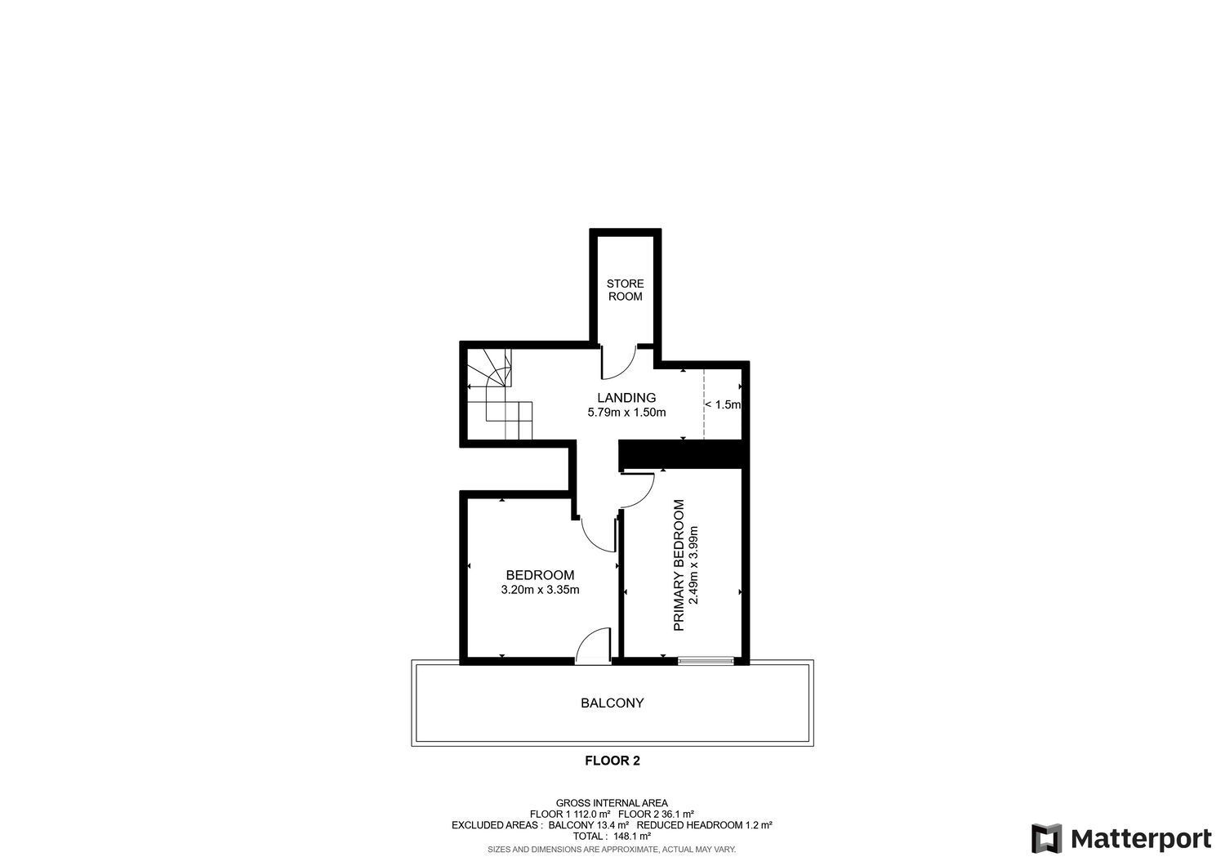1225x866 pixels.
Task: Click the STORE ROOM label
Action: click(x=625, y=290)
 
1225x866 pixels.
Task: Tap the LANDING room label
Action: click(x=626, y=398)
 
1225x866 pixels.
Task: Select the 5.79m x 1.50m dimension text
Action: click(x=626, y=413)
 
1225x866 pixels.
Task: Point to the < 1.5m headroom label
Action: click(x=722, y=404)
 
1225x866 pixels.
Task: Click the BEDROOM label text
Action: click(x=539, y=575)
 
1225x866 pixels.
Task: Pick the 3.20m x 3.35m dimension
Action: click(x=540, y=590)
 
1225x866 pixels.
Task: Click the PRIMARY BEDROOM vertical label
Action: click(x=678, y=565)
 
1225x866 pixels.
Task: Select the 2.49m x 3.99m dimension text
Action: click(x=693, y=565)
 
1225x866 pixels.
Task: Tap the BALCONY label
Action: click(x=612, y=703)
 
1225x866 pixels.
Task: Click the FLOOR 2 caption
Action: click(x=612, y=761)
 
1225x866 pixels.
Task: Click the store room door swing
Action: click(x=619, y=364)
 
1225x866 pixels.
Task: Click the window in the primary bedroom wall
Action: click(x=705, y=660)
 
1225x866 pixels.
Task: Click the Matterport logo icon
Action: click(x=1046, y=839)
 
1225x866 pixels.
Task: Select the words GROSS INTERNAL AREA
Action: click(x=612, y=803)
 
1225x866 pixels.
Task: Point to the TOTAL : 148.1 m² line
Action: click(x=612, y=836)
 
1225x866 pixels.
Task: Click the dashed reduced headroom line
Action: click(x=704, y=404)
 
